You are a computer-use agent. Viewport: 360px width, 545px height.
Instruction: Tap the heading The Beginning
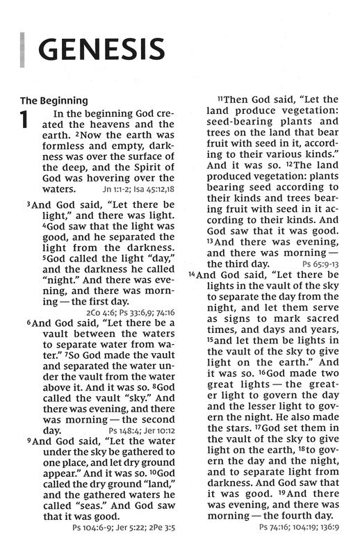click(54, 100)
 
